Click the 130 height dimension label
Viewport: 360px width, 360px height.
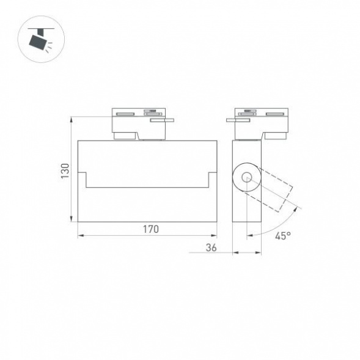[65, 171]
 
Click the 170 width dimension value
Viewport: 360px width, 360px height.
[150, 230]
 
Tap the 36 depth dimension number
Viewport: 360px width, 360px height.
[211, 247]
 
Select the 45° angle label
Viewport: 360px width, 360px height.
[282, 235]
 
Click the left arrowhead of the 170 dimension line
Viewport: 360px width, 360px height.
[80, 235]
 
